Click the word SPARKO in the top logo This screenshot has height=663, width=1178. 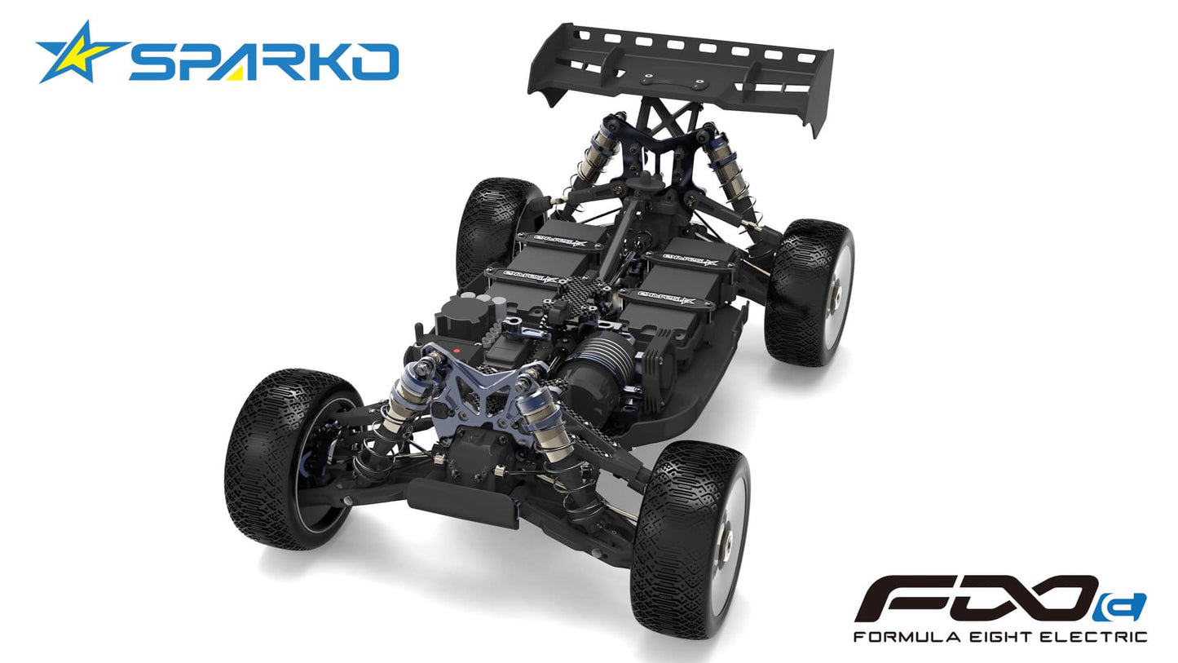pos(263,62)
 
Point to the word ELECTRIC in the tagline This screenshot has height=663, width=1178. pos(1093,636)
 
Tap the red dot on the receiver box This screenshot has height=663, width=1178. pos(457,351)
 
